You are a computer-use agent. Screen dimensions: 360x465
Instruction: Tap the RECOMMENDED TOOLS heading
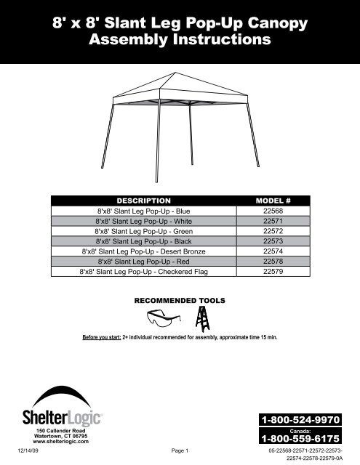coord(180,299)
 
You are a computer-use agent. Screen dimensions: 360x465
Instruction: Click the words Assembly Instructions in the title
coord(180,40)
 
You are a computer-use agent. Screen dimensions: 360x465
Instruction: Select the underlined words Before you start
coord(100,338)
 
